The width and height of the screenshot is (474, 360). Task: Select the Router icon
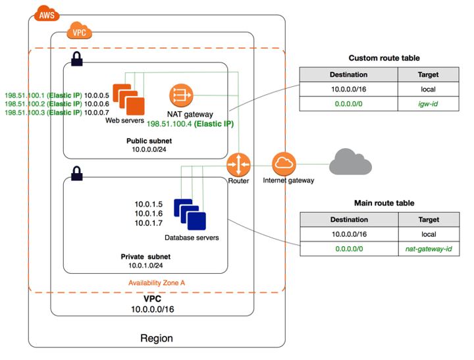coord(238,164)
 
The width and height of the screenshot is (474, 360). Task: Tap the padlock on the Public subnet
coord(77,59)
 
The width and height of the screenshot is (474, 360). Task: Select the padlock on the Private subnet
coord(77,174)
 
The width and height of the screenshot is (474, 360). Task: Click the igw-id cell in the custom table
coord(429,104)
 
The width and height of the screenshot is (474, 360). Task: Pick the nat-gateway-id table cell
coord(429,249)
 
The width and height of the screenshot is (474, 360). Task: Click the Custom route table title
coord(384,58)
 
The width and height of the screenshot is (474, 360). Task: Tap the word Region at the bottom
coord(157,338)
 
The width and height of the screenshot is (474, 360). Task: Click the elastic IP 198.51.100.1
coord(24,94)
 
